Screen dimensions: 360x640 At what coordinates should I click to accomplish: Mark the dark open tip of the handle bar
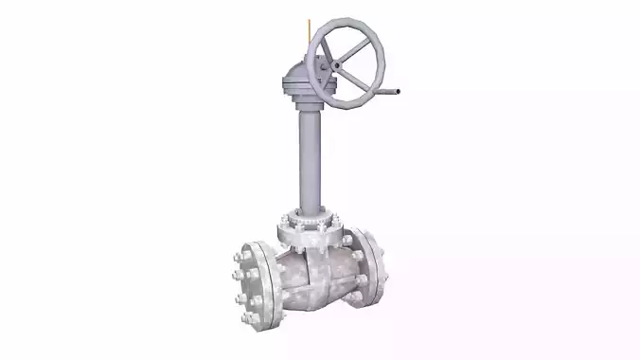coord(402,92)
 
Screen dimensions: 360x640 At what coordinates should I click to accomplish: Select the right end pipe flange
coord(372,268)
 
